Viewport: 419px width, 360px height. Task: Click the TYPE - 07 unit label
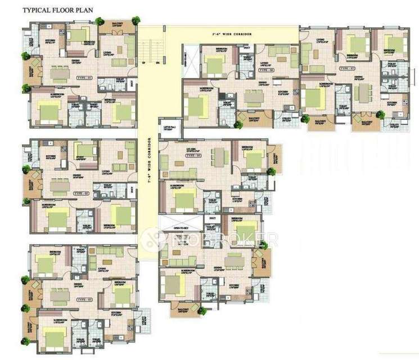(346, 67)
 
